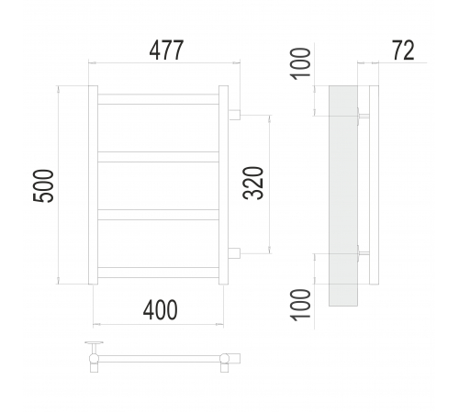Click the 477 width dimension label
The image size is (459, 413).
(166, 50)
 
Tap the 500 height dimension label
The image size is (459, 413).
(43, 185)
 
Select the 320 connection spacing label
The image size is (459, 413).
(253, 183)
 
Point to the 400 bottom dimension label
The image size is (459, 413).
(160, 309)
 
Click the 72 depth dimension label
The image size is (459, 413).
(403, 50)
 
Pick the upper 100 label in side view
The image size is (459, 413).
(300, 63)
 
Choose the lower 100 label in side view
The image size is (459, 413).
(300, 305)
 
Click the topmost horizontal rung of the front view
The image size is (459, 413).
(158, 99)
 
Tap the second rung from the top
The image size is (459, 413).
(158, 157)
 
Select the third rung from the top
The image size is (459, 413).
(158, 215)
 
